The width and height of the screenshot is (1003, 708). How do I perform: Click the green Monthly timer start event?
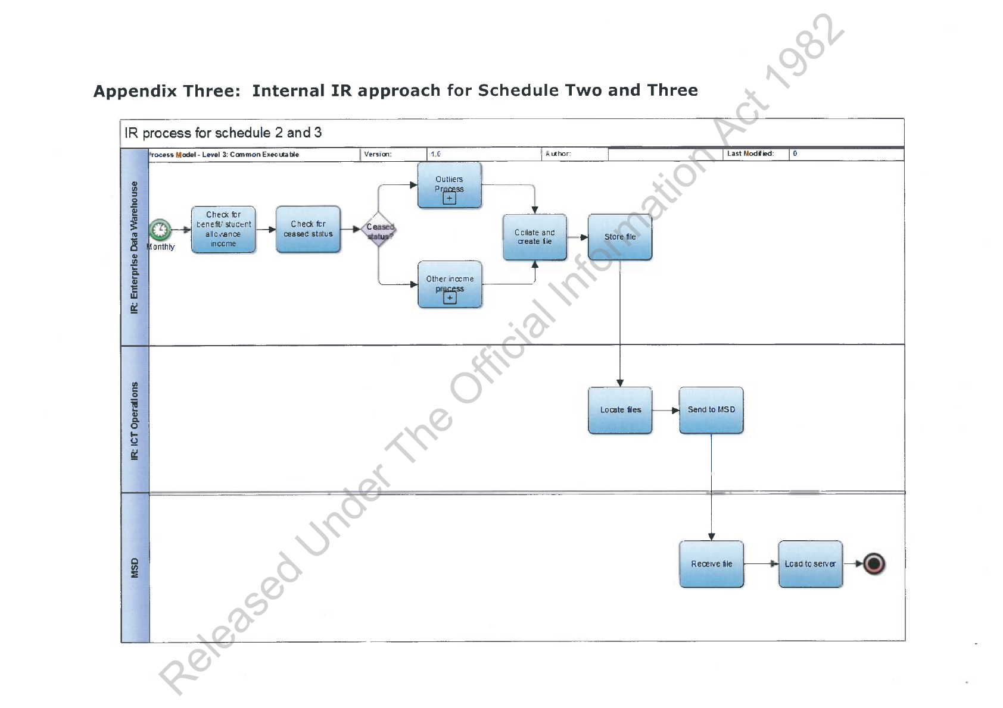click(160, 230)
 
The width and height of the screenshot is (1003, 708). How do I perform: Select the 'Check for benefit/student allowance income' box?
click(223, 230)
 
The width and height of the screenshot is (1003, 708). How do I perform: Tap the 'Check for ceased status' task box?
click(308, 230)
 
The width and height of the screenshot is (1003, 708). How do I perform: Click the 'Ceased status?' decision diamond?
click(379, 230)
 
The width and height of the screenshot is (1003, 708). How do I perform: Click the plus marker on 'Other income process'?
click(450, 297)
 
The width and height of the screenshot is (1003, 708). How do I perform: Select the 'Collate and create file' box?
click(535, 237)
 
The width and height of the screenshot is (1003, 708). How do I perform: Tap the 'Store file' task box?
click(620, 237)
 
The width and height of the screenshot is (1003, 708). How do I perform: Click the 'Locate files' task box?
click(620, 410)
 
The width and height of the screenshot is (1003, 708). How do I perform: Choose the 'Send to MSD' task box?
click(711, 410)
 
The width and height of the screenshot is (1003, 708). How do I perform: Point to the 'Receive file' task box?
click(711, 564)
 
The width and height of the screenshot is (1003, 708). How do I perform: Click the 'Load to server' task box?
click(810, 564)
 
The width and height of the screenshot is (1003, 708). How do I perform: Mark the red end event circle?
click(874, 563)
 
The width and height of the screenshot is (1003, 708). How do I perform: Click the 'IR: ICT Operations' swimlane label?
click(135, 421)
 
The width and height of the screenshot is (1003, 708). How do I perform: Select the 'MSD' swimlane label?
click(135, 568)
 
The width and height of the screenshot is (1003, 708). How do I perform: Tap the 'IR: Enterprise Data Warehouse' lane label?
click(135, 248)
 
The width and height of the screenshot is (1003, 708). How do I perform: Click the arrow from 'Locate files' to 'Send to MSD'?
click(665, 410)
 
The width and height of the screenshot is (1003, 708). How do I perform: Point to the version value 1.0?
click(435, 154)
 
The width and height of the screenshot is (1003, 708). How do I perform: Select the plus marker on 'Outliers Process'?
click(450, 198)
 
